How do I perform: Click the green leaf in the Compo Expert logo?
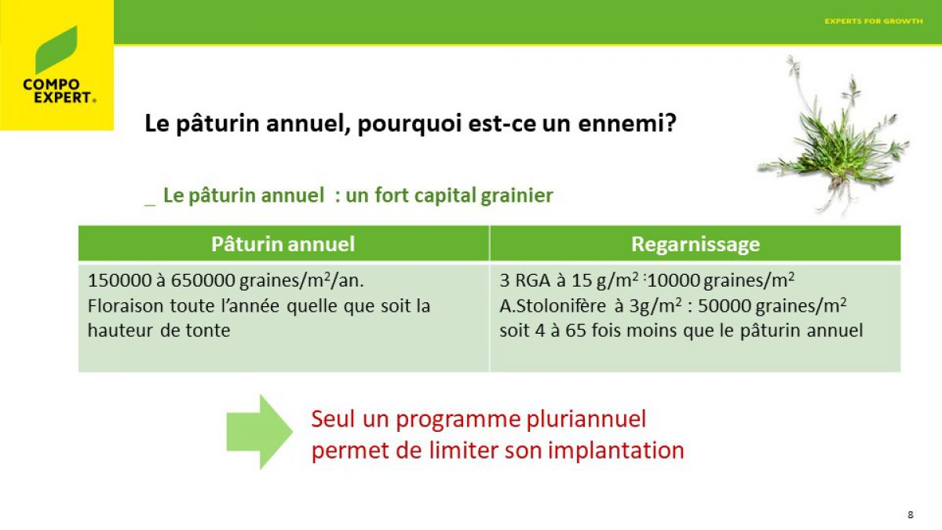[x=56, y=49]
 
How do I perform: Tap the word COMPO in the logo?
[x=51, y=85]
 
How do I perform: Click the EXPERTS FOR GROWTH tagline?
[x=874, y=21]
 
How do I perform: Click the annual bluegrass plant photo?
[x=834, y=136]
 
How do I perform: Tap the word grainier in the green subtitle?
[x=517, y=196]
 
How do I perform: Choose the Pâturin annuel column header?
[x=283, y=244]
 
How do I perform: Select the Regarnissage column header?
[x=696, y=244]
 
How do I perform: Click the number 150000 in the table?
[x=119, y=280]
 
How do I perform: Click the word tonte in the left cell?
[x=208, y=331]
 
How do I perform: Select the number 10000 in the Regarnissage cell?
[x=674, y=280]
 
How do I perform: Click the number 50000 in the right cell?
[x=725, y=305]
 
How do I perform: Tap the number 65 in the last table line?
[x=575, y=331]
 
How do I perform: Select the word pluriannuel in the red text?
[x=586, y=420]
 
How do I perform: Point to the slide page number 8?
[x=911, y=515]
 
